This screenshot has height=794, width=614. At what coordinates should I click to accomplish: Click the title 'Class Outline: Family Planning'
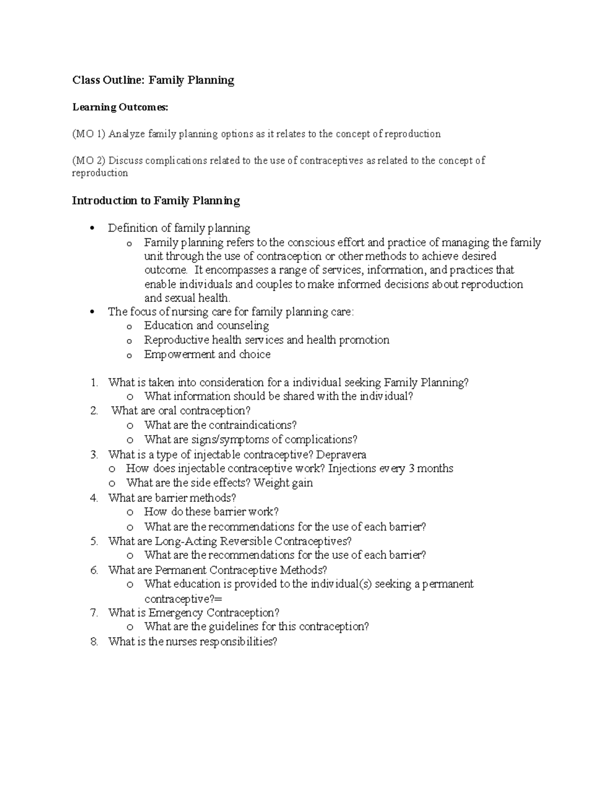tap(153, 80)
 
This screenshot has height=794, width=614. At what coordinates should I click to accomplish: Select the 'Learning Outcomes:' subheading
tap(120, 107)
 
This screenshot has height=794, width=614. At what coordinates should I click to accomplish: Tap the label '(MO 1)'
tap(89, 134)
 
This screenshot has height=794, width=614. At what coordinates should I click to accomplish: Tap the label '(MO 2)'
tap(89, 161)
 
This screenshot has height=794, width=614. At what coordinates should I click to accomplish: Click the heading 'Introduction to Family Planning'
tap(156, 201)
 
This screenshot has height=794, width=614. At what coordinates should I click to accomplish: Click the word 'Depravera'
tap(341, 455)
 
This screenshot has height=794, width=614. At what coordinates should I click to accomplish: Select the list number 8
tap(94, 642)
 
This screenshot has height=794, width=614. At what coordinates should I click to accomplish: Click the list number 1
tap(94, 382)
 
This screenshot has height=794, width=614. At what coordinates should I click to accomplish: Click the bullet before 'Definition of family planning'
tap(92, 229)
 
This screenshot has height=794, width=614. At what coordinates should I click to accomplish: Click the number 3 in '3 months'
tap(411, 469)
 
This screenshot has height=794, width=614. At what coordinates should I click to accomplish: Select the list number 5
tap(94, 541)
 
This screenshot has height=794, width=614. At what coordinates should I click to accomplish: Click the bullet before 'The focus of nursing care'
tap(92, 312)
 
